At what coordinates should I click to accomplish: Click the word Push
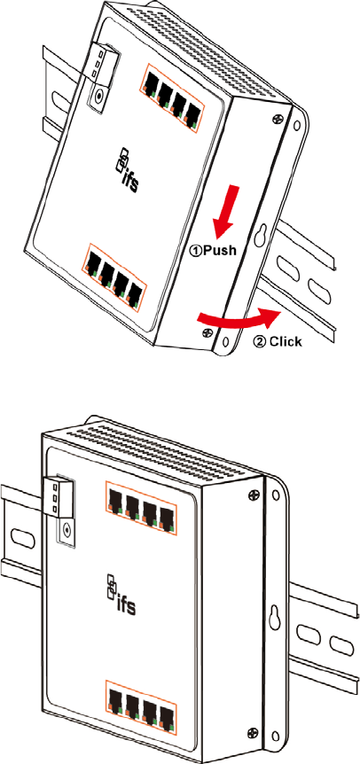219,251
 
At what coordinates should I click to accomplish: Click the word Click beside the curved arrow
286,341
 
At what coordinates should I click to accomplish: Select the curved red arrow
239,319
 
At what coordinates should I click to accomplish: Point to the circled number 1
195,252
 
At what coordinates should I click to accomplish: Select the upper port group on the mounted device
140,511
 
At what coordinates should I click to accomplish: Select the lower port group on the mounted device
140,702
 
